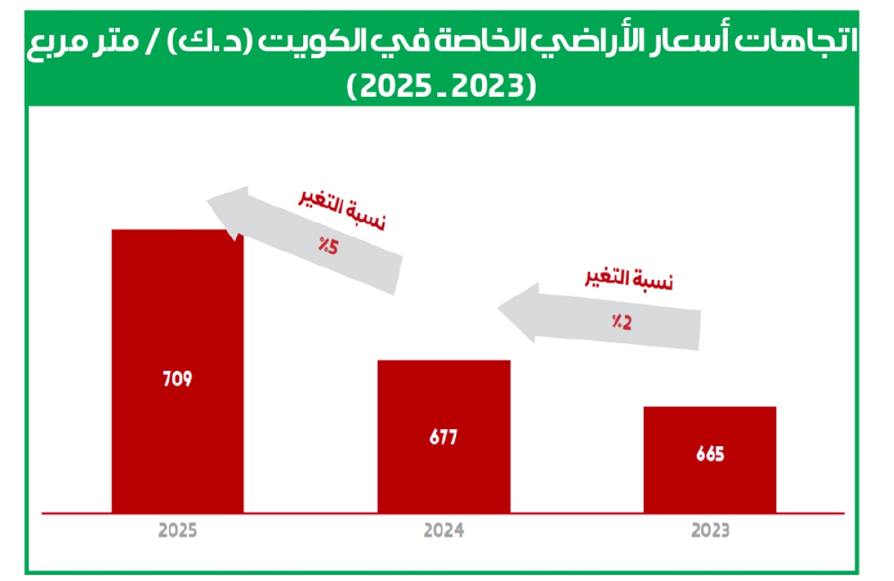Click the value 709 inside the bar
[x=177, y=378]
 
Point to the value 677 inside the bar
[x=444, y=437]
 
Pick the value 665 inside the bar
[x=710, y=454]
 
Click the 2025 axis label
[x=177, y=532]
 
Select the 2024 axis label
[x=444, y=532]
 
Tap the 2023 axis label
[x=710, y=532]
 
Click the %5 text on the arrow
[x=329, y=247]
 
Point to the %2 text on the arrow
[x=623, y=323]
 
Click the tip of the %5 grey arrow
[x=209, y=199]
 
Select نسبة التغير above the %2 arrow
[x=628, y=281]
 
